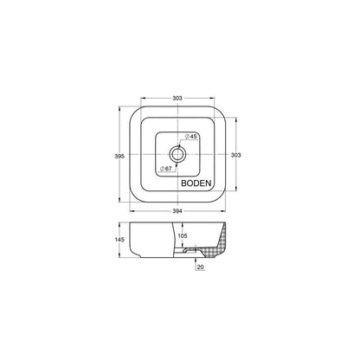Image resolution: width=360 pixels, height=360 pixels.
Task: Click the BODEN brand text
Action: (196, 183)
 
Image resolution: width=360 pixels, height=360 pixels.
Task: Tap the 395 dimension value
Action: (119, 156)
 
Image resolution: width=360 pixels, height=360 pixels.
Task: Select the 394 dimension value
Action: (177, 211)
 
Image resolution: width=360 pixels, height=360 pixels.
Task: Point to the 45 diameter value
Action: (193, 137)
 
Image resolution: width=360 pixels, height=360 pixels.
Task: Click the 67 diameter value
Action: (168, 168)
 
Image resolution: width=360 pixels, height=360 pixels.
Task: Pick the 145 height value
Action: (119, 240)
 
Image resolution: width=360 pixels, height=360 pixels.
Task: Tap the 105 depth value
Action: (183, 235)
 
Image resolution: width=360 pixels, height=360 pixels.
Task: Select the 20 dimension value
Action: (200, 267)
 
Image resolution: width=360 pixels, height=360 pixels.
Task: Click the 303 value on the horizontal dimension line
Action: (177, 98)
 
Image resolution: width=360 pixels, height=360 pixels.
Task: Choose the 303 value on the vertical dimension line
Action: (236, 155)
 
